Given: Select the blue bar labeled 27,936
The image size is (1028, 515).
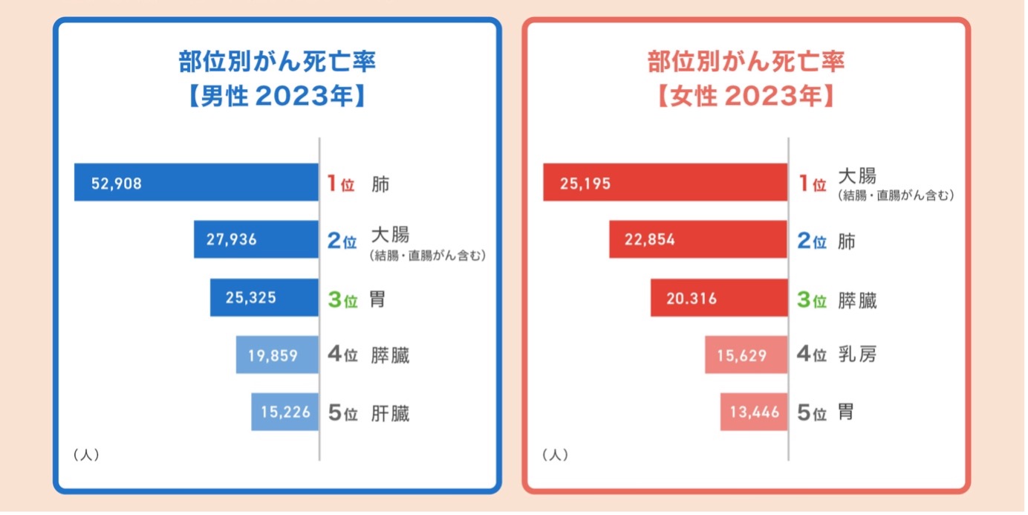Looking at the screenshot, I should (x=256, y=239).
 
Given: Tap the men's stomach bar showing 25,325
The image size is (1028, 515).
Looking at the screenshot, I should (x=264, y=298).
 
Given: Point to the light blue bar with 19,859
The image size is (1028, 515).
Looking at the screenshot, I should (x=277, y=355).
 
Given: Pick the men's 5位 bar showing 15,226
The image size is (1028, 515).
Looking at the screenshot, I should (x=284, y=412).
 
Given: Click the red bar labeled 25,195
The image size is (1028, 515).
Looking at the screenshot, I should (x=665, y=183).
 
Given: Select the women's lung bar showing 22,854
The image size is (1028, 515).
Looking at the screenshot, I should (x=697, y=240).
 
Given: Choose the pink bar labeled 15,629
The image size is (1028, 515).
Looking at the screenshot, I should (x=746, y=355).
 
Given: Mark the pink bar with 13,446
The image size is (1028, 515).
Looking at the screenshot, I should (x=753, y=412).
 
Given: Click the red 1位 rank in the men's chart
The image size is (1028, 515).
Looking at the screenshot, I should (x=341, y=184).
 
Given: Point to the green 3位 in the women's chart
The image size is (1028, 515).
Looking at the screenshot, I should (x=811, y=301).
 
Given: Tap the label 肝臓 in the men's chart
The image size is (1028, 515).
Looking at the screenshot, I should (x=390, y=413).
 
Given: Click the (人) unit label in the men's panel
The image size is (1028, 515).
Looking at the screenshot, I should (x=86, y=455).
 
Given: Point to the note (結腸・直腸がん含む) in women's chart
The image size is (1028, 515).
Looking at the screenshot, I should (x=895, y=196).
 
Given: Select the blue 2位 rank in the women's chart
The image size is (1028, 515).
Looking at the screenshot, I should (x=811, y=242).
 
